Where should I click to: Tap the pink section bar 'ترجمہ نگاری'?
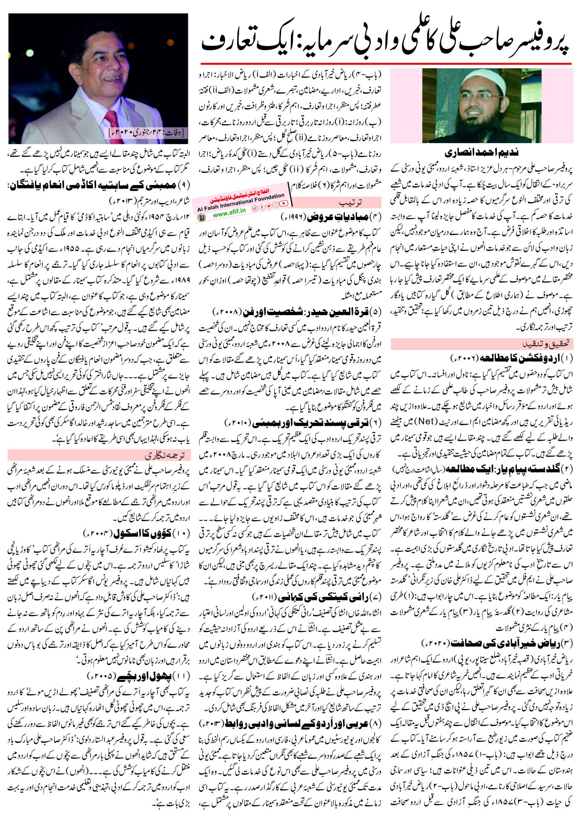(99, 455)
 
